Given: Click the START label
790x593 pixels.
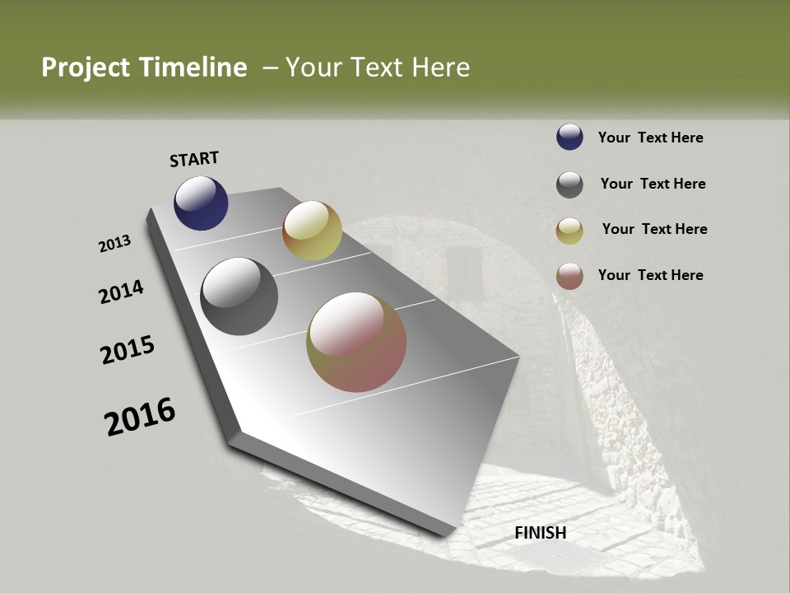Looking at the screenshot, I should point(194,159).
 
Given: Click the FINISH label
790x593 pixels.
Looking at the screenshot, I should point(541,533).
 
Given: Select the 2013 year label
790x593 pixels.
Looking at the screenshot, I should point(115,244).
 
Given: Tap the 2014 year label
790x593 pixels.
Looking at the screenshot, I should point(122,292).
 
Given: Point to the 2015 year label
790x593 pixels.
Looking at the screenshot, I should point(128,350).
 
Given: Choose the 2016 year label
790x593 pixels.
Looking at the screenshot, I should point(140,416).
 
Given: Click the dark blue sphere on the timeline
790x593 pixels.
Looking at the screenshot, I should point(201,203).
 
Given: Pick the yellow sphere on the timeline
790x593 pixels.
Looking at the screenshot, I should point(312,231).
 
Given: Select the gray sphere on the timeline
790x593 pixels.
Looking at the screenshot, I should point(239,296).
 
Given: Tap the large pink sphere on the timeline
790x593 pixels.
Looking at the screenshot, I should point(356,342).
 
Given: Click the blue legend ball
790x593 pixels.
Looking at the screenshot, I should point(569,138).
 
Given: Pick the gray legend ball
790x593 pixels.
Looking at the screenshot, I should point(569,184).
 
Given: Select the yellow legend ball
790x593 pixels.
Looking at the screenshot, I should point(569,231).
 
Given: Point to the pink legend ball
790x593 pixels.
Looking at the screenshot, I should point(569,276).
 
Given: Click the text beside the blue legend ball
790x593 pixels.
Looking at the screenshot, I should point(650,138).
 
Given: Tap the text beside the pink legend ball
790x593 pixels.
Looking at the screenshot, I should point(650,275).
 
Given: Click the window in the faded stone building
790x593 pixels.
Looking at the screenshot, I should point(462,272).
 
